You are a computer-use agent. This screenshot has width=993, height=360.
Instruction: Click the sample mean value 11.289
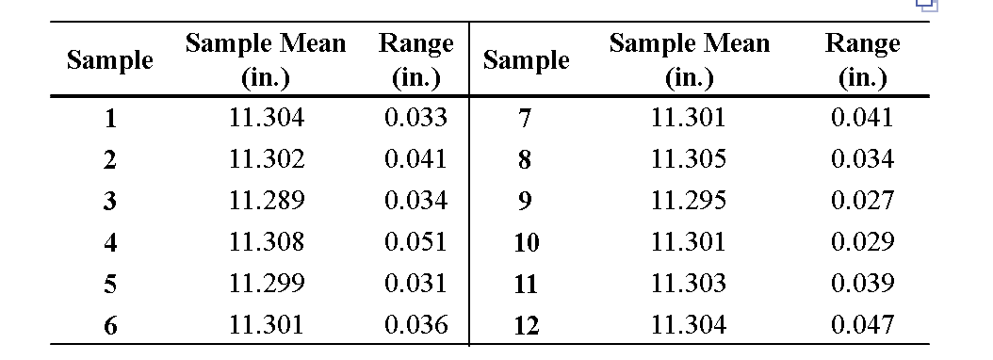pyautogui.click(x=267, y=201)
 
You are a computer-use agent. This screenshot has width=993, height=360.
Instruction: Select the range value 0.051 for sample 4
pyautogui.click(x=415, y=242)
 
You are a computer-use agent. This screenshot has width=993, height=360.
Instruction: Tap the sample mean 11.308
pyautogui.click(x=267, y=242)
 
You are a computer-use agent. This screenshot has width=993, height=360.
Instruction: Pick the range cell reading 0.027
pyautogui.click(x=862, y=201)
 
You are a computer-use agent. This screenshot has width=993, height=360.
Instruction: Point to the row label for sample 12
pyautogui.click(x=527, y=326)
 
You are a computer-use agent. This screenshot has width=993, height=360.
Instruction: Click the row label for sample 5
pyautogui.click(x=110, y=285)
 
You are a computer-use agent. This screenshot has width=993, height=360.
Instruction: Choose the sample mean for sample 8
pyautogui.click(x=689, y=159)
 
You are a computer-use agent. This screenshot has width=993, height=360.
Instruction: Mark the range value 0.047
pyautogui.click(x=862, y=325)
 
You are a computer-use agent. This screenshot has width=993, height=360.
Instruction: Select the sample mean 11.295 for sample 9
pyautogui.click(x=689, y=201)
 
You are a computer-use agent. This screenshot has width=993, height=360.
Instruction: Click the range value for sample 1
pyautogui.click(x=415, y=118)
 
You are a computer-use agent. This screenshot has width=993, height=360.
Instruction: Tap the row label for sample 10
pyautogui.click(x=527, y=243)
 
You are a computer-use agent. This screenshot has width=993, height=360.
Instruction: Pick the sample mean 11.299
pyautogui.click(x=267, y=284)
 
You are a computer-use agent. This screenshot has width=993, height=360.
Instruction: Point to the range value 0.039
pyautogui.click(x=862, y=284)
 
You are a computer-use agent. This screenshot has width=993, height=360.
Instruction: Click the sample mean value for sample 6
pyautogui.click(x=267, y=325)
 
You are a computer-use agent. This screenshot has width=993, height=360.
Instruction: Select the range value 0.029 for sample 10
pyautogui.click(x=862, y=242)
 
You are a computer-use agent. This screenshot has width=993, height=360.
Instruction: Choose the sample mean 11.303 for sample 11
pyautogui.click(x=689, y=284)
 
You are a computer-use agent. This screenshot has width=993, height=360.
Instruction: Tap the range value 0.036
pyautogui.click(x=415, y=325)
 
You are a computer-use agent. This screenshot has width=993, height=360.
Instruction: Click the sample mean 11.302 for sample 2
pyautogui.click(x=267, y=159)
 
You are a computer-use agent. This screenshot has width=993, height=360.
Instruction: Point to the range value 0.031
pyautogui.click(x=415, y=284)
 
